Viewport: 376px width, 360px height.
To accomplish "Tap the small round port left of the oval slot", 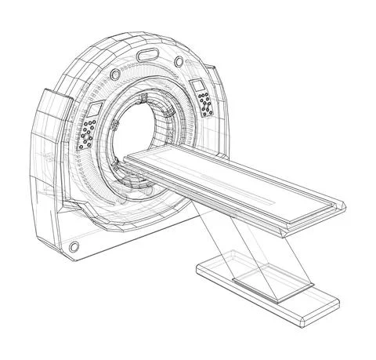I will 116,73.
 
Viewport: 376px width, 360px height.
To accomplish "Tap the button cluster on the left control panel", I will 86,134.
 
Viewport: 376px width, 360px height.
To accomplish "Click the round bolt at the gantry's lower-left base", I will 74,247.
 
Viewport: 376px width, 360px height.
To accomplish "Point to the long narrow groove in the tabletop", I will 235,185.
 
